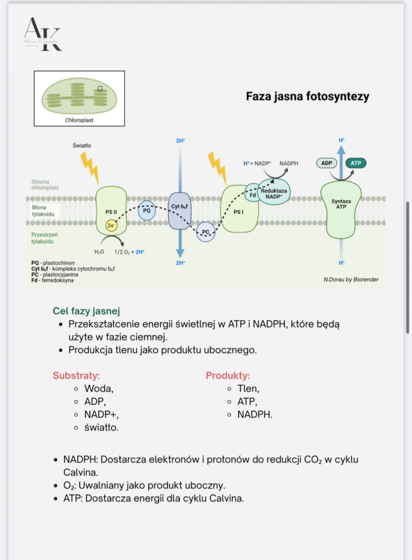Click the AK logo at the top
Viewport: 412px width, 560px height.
pos(42,34)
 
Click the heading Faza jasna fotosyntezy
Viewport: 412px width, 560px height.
pos(307,97)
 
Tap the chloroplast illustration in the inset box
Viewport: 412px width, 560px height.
pos(79,96)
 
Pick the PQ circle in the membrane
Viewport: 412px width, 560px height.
pos(147,210)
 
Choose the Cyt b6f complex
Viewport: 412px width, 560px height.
pos(180,210)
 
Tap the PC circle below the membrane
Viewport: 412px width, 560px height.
pos(206,232)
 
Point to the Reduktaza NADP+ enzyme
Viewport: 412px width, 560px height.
pos(274,192)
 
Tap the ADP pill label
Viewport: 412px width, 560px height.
pos(327,162)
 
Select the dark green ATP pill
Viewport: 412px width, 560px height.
pos(356,162)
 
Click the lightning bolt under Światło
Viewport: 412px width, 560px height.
pos(89,167)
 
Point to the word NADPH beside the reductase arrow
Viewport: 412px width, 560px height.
pos(289,163)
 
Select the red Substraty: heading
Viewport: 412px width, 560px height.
pos(76,376)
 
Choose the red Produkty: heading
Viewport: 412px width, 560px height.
pos(228,376)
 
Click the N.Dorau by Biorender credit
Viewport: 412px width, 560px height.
pos(351,279)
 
